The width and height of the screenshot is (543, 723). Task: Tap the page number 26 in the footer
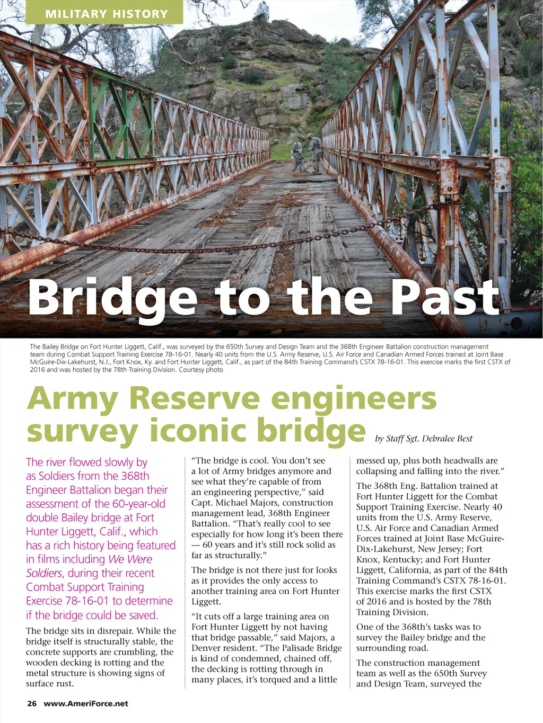32,703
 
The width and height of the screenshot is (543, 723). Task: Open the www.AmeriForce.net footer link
86,703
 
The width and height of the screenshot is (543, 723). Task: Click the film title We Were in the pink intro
130,559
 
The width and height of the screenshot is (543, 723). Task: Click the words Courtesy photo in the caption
201,370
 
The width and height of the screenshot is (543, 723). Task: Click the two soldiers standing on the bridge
306,153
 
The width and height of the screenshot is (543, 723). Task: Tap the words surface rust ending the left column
50,683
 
